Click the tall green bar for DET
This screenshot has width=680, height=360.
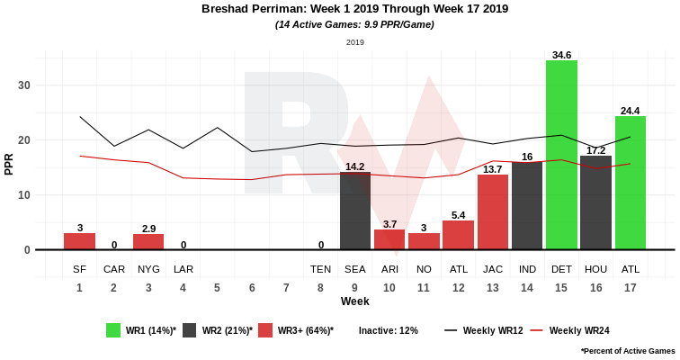click(561, 155)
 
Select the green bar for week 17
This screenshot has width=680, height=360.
click(631, 183)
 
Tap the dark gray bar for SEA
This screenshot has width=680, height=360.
click(355, 211)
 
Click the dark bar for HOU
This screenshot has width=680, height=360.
click(595, 202)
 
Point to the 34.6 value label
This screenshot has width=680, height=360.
click(561, 55)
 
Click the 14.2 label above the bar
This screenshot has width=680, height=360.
click(355, 166)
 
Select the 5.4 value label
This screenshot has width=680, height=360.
click(458, 215)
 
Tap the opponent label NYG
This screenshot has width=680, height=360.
click(148, 269)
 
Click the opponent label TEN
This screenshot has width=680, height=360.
click(321, 269)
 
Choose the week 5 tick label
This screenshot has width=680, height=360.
click(218, 288)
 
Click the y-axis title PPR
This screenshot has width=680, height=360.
click(9, 163)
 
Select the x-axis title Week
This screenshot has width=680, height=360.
click(354, 301)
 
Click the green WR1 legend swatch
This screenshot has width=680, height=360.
click(113, 330)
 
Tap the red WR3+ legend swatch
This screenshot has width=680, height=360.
click(265, 330)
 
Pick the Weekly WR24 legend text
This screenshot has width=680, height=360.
click(579, 330)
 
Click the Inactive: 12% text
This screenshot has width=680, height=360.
click(389, 330)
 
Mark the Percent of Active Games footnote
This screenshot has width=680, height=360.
click(628, 350)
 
